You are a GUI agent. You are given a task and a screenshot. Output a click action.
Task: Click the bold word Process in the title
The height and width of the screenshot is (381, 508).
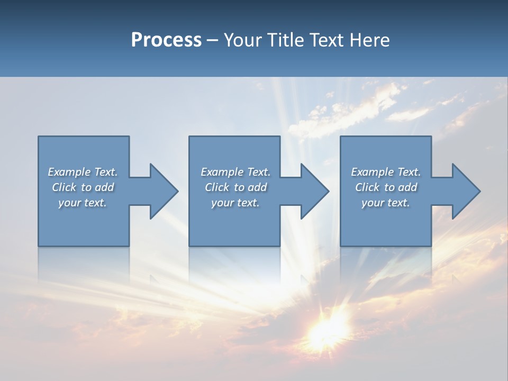pos(166,40)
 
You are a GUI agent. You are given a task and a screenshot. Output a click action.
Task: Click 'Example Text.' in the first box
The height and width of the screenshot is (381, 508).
pos(83,172)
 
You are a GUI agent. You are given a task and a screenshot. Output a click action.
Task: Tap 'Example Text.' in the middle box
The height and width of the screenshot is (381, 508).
pos(235,172)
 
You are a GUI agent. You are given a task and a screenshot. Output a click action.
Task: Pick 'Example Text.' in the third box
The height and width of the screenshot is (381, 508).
pos(386,172)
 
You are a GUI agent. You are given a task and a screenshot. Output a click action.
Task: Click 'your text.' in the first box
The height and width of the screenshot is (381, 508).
pos(83,203)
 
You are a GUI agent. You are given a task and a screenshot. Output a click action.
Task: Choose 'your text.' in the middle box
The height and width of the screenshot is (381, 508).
pos(235,203)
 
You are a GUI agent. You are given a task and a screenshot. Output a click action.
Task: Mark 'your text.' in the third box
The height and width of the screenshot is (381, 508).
pos(386,203)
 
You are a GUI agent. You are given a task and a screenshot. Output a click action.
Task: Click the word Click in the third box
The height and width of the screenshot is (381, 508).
pos(367,187)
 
